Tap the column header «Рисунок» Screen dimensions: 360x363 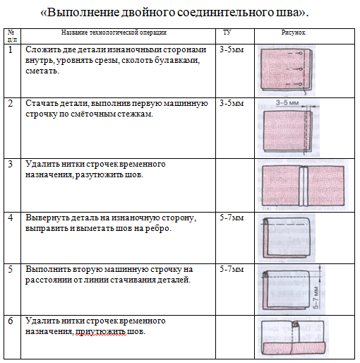tap(293, 32)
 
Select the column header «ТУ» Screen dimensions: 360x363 tap(227, 32)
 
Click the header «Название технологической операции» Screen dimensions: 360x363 tap(114, 32)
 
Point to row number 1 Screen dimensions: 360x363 tap(10, 49)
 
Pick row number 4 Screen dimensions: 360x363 tap(10, 218)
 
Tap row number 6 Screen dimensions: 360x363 tap(10, 321)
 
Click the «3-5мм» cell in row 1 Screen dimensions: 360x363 tap(232, 49)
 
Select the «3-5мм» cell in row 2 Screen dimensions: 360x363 tap(232, 103)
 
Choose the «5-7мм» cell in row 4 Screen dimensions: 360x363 tap(232, 218)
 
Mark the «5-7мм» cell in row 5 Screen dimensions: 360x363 tap(232, 269)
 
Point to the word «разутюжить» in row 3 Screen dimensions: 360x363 tap(101, 175)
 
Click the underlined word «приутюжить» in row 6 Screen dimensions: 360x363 tap(100, 332)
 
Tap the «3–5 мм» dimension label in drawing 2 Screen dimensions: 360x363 tap(287, 103)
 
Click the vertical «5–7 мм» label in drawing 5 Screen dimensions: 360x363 tap(316, 297)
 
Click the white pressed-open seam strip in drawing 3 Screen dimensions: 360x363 tap(304, 186)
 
